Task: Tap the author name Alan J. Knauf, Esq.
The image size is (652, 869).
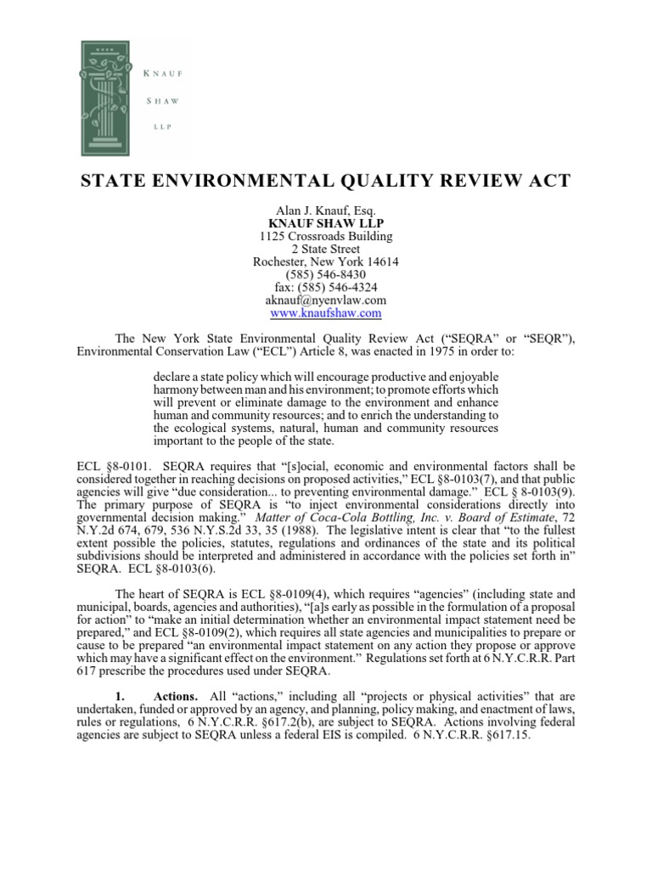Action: pos(326,210)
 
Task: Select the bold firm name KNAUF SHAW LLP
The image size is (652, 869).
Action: pos(326,222)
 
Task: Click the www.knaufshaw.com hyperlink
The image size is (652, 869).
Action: pos(326,313)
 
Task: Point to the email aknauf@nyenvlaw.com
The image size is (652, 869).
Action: pos(326,300)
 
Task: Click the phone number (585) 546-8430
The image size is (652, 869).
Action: pos(326,274)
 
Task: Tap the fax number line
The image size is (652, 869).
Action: pos(326,288)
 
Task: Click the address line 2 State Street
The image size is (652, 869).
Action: pos(326,249)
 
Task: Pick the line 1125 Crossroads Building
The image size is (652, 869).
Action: pos(326,236)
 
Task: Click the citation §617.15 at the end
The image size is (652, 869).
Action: pos(501,737)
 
